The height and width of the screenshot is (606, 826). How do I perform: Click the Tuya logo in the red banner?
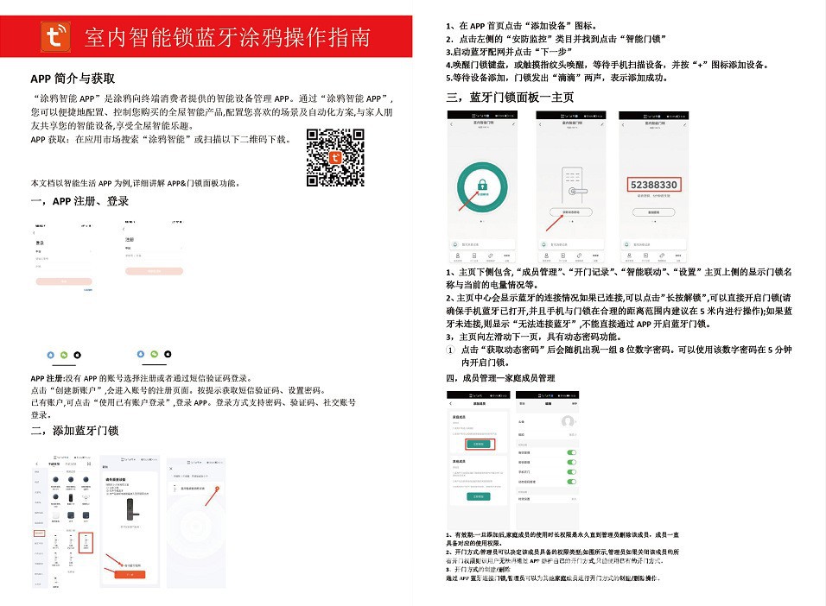[x=58, y=36]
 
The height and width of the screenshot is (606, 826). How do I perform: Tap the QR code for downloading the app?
[x=335, y=157]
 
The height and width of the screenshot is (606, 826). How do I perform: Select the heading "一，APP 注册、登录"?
[x=79, y=201]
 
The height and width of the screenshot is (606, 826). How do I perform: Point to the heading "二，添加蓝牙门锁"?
[x=74, y=431]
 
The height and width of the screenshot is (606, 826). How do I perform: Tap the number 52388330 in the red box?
[x=653, y=184]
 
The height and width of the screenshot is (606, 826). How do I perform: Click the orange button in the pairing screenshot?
[x=130, y=574]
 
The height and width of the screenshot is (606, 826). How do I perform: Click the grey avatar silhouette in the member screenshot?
[x=568, y=421]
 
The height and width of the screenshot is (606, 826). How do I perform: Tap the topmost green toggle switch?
[x=570, y=452]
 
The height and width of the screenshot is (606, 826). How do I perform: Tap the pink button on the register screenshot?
[x=154, y=270]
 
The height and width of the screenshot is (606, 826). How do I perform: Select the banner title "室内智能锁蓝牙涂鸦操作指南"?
[x=228, y=37]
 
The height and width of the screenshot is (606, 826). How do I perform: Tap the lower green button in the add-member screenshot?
[x=478, y=497]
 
